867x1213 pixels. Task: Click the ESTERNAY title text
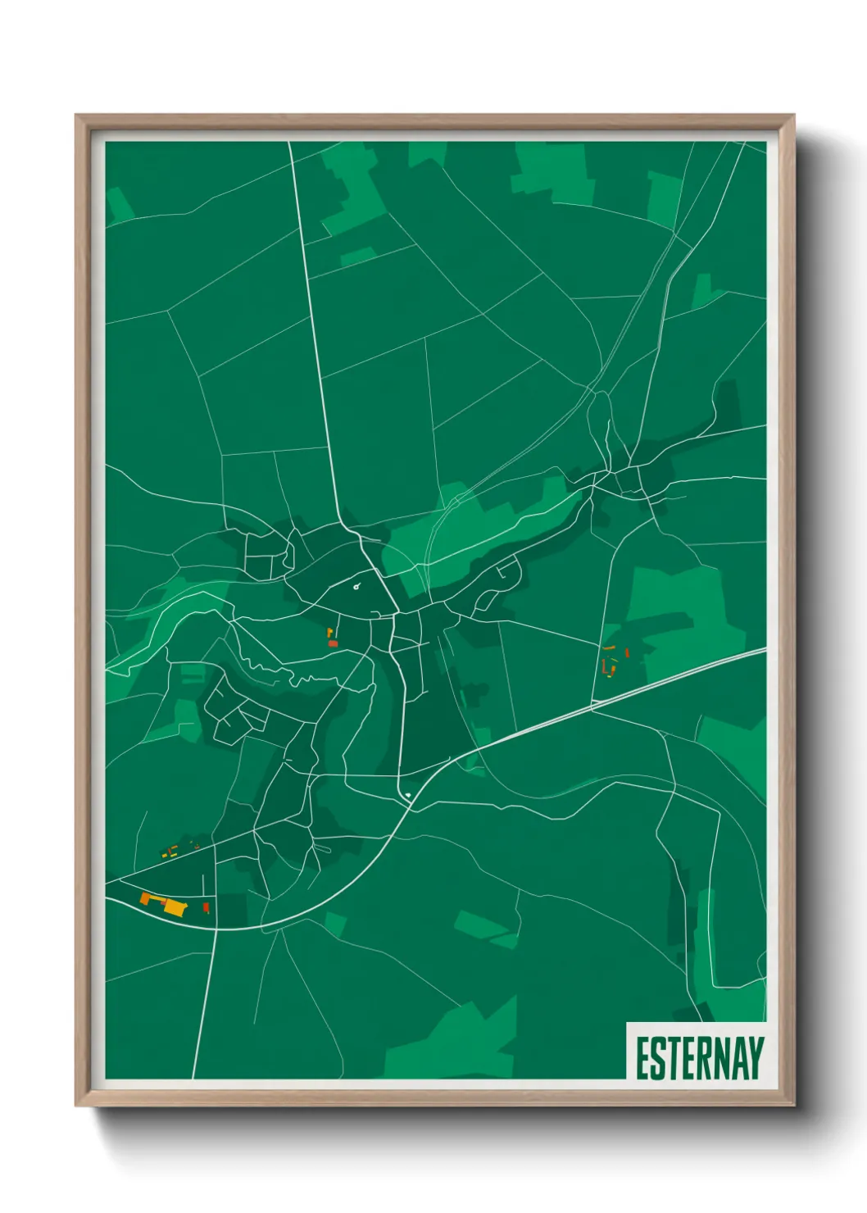(698, 1057)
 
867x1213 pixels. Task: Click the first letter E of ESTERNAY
(642, 1057)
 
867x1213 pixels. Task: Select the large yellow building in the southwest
(175, 906)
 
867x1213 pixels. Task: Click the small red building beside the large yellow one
(206, 907)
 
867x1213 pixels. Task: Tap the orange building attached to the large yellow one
(151, 898)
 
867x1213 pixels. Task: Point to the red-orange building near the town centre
(333, 644)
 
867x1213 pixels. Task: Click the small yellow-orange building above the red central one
(330, 632)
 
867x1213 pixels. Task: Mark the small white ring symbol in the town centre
(356, 586)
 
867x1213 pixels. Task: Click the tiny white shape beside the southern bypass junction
(407, 795)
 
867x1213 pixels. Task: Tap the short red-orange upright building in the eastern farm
(627, 652)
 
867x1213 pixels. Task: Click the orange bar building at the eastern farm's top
(609, 647)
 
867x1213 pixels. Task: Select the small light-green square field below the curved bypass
(334, 924)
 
